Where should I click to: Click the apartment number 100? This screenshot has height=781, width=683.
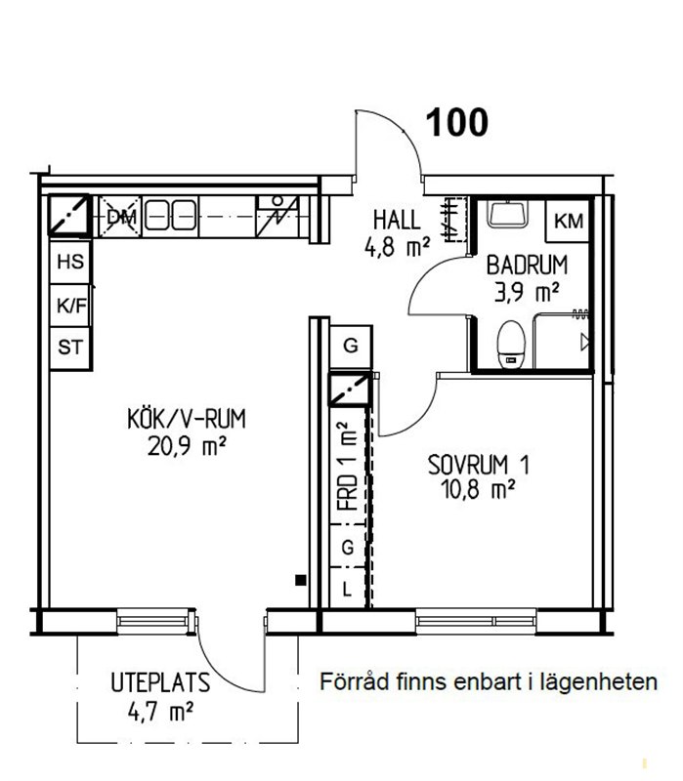[x=457, y=123]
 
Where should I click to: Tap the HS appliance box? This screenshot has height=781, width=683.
[x=70, y=262]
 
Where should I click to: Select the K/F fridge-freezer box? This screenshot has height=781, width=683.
[x=70, y=306]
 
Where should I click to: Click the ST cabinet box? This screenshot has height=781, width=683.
[x=70, y=349]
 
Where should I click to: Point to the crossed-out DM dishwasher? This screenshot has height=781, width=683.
[x=120, y=217]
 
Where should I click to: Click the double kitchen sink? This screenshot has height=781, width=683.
[x=170, y=215]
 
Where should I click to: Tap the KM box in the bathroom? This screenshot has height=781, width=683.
[x=569, y=222]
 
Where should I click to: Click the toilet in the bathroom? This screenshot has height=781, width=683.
[x=511, y=345]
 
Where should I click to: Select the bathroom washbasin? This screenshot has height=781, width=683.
[x=507, y=214]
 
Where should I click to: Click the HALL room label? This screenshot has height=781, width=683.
[x=397, y=221]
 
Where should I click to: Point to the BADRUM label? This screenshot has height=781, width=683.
[x=527, y=265]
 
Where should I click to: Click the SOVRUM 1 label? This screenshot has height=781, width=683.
[x=479, y=465]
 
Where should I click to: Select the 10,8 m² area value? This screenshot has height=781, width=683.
[x=478, y=490]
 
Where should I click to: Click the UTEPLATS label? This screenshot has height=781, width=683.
[x=160, y=682]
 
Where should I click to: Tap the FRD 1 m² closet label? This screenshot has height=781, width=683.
[x=348, y=466]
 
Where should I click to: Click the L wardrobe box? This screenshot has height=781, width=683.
[x=348, y=589]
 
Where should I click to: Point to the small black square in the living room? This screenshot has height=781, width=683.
[x=300, y=580]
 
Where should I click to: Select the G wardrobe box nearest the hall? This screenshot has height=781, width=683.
[x=351, y=346]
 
